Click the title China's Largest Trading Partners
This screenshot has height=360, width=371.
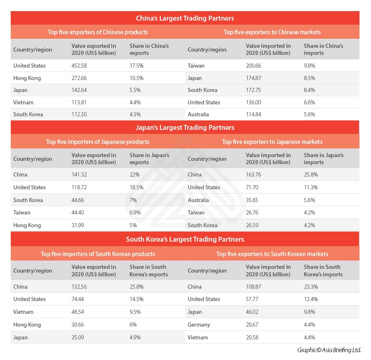[185, 18]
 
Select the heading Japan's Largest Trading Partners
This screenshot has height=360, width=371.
[185, 127]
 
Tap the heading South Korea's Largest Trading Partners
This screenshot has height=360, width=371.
[185, 239]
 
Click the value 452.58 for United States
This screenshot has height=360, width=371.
[80, 66]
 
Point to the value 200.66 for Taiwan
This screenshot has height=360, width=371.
[254, 66]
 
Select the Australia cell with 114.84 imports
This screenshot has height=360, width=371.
[198, 114]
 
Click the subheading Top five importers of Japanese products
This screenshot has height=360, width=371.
[98, 142]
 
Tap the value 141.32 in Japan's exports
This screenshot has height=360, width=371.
[80, 174]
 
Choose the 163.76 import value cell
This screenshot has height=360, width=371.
[254, 174]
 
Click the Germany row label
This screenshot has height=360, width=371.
[199, 325]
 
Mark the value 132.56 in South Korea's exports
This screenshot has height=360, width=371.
[80, 287]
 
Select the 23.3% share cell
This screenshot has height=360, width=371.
[311, 287]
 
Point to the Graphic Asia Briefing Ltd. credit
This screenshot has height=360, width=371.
[329, 350]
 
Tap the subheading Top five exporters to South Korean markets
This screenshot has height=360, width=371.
[272, 254]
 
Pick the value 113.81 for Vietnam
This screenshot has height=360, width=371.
[80, 102]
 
